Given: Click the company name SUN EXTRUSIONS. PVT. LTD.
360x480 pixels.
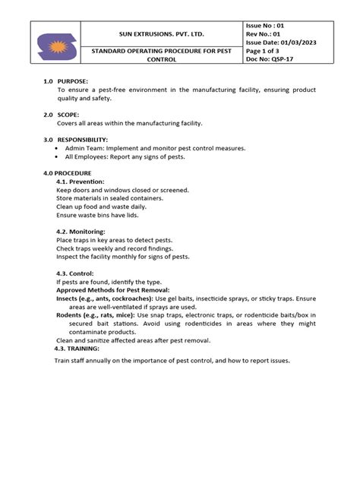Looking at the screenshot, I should (161, 34).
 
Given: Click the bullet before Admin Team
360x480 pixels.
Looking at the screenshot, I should (59, 148).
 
